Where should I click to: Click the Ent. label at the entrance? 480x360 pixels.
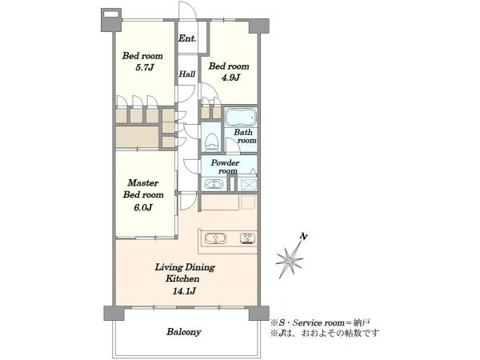point(187,38)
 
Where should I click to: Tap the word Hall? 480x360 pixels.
point(187,74)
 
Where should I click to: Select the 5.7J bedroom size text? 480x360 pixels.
point(144,67)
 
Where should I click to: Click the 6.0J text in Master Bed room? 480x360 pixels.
point(143,207)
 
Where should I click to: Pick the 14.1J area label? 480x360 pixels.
point(184,291)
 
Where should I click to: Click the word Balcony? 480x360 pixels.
point(184,332)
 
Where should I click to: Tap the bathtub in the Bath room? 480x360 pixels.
point(241,117)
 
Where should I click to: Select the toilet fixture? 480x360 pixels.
point(211,142)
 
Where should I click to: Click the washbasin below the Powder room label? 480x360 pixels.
point(214,184)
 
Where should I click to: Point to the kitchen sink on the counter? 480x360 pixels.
point(215,238)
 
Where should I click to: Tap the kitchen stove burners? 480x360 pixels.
point(248,238)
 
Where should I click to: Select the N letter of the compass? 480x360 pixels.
point(303,236)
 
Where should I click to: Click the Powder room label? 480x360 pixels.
point(226,167)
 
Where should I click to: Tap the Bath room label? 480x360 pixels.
point(245,137)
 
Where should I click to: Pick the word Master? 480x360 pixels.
point(143,183)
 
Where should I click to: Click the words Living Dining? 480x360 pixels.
point(185,267)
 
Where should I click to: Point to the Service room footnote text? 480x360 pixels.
point(320,322)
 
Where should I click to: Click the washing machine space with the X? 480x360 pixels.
point(248,184)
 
